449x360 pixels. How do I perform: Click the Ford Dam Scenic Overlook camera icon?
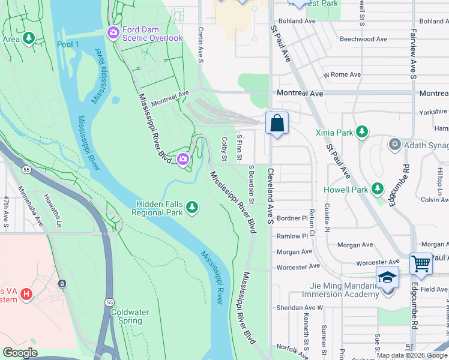coord(113,33)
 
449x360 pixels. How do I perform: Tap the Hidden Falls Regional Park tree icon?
coord(192,208)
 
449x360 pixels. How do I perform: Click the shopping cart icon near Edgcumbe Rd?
coord(421,263)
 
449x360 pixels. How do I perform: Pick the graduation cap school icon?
coord(387,277)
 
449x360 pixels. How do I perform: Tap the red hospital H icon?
coord(26,294)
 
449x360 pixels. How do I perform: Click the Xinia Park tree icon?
coord(361,131)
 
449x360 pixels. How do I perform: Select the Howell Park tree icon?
coord(378,189)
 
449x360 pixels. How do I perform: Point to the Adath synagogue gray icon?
coord(394,144)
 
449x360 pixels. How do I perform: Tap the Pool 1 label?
coord(68,44)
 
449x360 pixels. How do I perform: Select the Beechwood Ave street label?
coord(363,39)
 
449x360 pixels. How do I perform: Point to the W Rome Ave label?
coord(342,75)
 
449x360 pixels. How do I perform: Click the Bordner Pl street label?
coord(292,218)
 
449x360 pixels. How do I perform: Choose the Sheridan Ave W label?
coord(303,307)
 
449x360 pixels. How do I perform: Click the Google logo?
coord(19,353)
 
